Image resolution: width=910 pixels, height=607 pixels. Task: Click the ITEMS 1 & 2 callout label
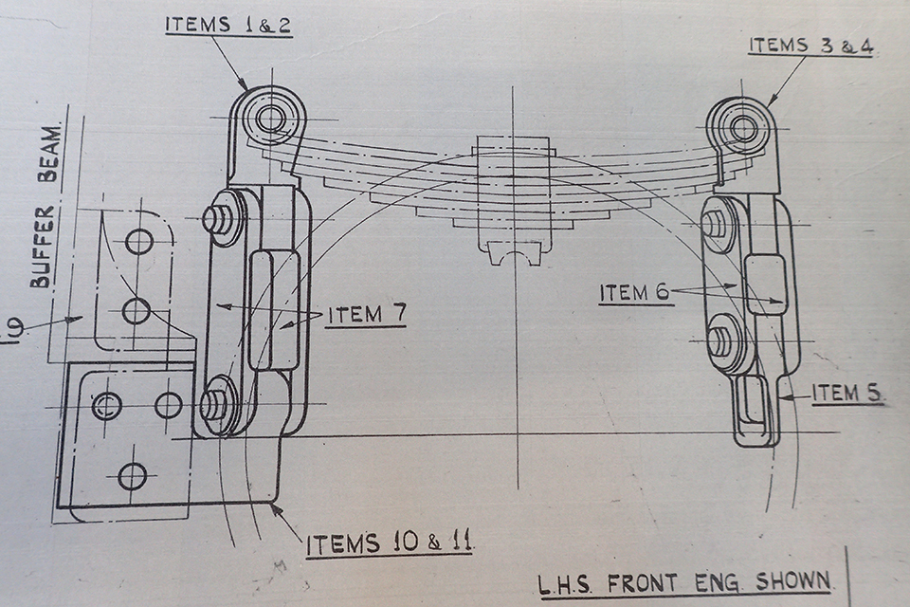click(x=228, y=26)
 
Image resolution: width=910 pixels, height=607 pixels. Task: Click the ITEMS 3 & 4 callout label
click(x=810, y=46)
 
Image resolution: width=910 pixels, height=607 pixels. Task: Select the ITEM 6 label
click(x=636, y=293)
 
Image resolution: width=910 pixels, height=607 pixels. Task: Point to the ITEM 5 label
click(x=846, y=394)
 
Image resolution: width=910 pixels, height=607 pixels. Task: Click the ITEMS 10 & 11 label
click(x=389, y=543)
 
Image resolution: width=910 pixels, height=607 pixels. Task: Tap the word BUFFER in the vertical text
click(x=43, y=246)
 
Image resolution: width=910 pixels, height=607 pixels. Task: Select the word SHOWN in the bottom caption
click(x=792, y=581)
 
